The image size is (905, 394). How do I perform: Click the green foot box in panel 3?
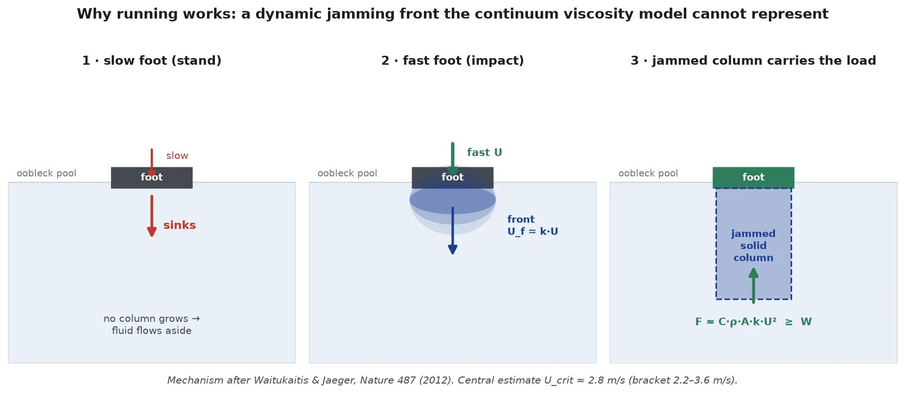(753, 178)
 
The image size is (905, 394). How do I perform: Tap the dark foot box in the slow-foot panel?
(152, 178)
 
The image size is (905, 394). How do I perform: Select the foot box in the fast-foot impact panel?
(453, 178)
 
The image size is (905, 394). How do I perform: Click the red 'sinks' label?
(180, 225)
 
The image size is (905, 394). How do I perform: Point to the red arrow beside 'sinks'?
(152, 216)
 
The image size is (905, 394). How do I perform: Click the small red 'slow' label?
(177, 156)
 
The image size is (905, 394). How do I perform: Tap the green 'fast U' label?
(484, 153)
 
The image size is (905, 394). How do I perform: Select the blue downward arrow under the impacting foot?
(453, 231)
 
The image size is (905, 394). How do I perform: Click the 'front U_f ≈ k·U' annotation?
(533, 225)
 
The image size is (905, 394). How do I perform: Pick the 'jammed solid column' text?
(753, 246)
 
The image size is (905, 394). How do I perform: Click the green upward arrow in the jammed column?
(753, 285)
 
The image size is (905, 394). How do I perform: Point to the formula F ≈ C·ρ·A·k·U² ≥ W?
(753, 322)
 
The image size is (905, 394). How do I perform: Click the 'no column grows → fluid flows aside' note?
(152, 325)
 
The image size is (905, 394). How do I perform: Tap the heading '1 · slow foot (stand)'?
(152, 60)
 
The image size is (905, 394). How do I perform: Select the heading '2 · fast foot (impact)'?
(453, 60)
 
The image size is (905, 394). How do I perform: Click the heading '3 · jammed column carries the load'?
(753, 60)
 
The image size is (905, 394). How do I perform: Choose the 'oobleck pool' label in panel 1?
(46, 173)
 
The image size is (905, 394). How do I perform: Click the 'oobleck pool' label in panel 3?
(648, 173)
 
